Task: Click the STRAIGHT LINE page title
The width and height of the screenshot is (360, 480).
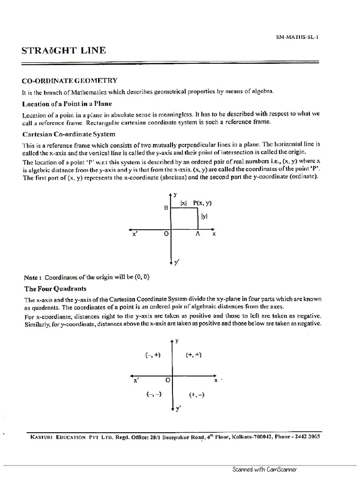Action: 64,50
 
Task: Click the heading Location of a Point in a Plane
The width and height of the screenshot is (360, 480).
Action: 67,103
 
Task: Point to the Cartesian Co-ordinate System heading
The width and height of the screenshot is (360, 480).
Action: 68,134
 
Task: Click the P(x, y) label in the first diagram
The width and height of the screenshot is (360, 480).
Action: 202,203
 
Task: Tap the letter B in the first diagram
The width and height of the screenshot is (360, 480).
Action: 165,207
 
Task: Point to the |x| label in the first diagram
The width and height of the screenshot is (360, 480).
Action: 183,203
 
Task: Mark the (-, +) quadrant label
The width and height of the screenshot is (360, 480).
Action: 153,355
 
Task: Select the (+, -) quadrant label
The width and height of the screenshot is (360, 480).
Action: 196,395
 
